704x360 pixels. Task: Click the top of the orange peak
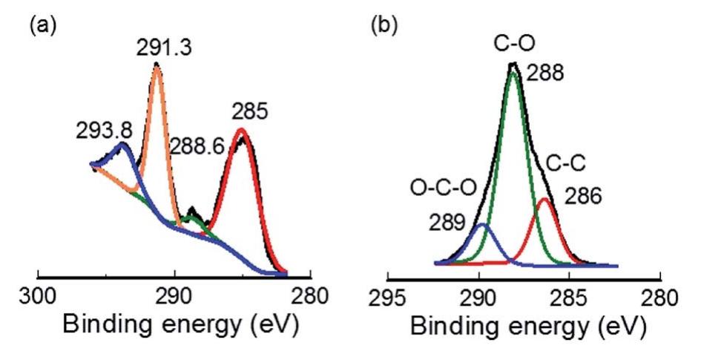[x=157, y=66]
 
